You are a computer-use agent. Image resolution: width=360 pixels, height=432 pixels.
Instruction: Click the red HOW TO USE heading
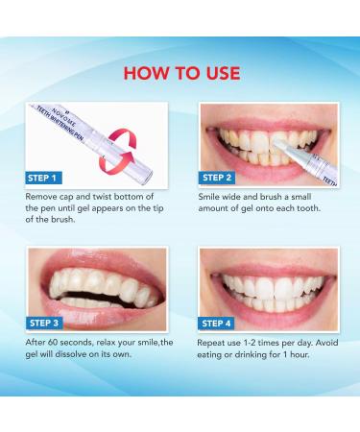click(181, 73)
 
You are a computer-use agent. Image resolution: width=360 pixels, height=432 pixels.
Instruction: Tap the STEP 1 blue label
click(43, 178)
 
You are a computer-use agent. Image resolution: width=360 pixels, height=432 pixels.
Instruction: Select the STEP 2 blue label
click(217, 178)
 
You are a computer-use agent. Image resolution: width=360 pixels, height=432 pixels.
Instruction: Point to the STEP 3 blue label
click(44, 323)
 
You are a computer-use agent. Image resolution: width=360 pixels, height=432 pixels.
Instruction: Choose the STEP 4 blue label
click(216, 324)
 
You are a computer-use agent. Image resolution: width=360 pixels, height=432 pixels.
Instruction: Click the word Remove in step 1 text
click(39, 197)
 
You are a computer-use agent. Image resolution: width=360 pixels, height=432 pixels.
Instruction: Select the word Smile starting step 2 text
click(208, 197)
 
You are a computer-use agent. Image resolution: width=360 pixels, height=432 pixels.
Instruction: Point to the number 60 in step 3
click(53, 343)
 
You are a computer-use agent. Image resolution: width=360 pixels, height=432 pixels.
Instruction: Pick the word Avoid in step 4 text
click(327, 343)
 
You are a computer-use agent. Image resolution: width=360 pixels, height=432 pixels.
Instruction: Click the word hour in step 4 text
click(300, 354)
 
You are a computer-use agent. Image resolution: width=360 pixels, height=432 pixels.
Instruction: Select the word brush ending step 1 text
click(62, 220)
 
